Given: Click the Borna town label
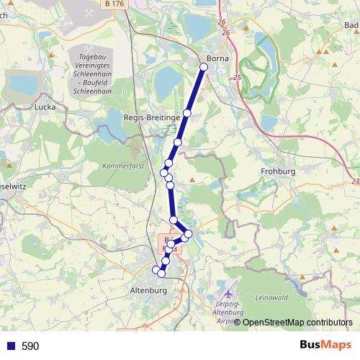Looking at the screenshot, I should tap(217, 58).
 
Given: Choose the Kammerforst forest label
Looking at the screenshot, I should tap(124, 166).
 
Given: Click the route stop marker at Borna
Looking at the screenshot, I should tap(203, 67).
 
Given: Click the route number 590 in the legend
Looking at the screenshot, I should tap(30, 346).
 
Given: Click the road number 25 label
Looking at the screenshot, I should tap(237, 77).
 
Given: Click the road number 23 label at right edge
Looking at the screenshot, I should tap(356, 181).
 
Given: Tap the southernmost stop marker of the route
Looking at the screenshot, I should tap(161, 274).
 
